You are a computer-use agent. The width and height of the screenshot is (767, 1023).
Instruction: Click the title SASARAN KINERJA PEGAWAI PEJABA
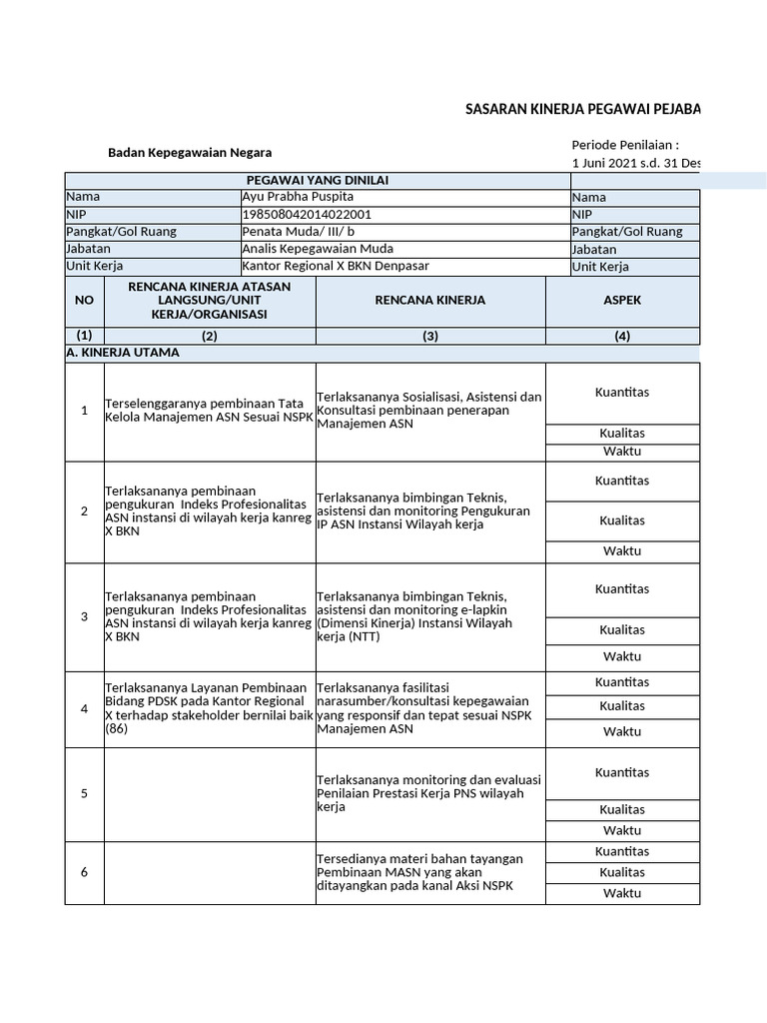(582, 108)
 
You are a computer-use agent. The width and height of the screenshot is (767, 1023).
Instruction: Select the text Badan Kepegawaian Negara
(189, 153)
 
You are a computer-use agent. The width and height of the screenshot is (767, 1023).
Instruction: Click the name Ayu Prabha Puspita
(298, 197)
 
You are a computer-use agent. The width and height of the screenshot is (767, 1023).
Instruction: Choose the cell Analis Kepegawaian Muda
(318, 248)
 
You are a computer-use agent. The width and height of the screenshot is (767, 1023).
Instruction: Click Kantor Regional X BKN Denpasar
(334, 266)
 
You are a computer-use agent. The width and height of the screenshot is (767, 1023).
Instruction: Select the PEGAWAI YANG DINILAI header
(318, 180)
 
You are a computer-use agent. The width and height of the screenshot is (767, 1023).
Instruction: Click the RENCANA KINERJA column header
(429, 300)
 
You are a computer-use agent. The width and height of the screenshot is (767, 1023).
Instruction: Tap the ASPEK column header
(622, 300)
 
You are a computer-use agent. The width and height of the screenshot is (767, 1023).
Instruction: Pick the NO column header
(84, 300)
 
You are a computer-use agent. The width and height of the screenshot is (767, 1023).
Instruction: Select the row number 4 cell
(84, 708)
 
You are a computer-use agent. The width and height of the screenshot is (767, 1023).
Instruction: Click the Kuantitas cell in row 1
(621, 392)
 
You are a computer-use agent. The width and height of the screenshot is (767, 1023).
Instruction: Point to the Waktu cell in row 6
(621, 893)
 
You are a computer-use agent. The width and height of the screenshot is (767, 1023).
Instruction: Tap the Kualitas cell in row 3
(621, 629)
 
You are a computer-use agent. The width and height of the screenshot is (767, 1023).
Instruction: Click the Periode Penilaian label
(625, 144)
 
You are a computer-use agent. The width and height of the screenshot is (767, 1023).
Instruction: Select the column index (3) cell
(429, 336)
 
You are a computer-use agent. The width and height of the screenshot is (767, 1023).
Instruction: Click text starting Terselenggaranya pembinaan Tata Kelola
(209, 410)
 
